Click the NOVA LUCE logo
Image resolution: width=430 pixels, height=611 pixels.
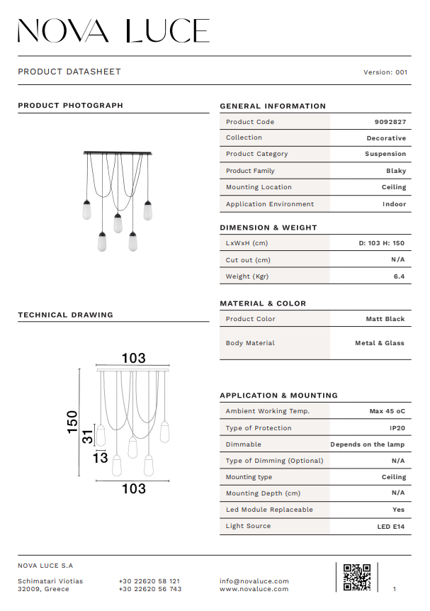[x=113, y=30]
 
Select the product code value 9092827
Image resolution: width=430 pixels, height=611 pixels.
[x=390, y=122]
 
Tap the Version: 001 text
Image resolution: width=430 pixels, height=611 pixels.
[x=385, y=72]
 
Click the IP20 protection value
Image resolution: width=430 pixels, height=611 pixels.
[x=397, y=428]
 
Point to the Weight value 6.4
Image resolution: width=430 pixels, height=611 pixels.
[x=399, y=276]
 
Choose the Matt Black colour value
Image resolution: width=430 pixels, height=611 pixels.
[x=385, y=319]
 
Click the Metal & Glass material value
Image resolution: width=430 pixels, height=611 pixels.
[x=380, y=343]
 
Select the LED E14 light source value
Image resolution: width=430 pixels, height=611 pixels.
[x=391, y=527]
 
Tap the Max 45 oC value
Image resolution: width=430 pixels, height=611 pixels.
[x=387, y=411]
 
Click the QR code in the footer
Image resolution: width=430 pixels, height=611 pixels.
[x=357, y=577]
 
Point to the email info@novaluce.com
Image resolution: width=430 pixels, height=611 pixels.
[x=254, y=581]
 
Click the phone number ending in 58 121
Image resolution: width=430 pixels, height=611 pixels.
[x=149, y=581]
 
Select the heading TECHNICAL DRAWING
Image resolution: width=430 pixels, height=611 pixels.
[x=65, y=315]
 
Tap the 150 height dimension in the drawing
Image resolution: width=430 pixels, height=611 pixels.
[x=72, y=423]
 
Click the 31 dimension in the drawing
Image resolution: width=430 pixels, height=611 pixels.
[x=88, y=437]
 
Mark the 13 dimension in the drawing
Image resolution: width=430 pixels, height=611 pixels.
[x=100, y=458]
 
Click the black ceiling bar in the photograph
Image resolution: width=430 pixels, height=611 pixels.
[x=118, y=152]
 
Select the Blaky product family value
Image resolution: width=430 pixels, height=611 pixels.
[x=396, y=171]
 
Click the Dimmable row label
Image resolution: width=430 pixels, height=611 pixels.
[x=244, y=444]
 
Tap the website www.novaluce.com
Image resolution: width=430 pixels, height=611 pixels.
[x=254, y=589]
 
